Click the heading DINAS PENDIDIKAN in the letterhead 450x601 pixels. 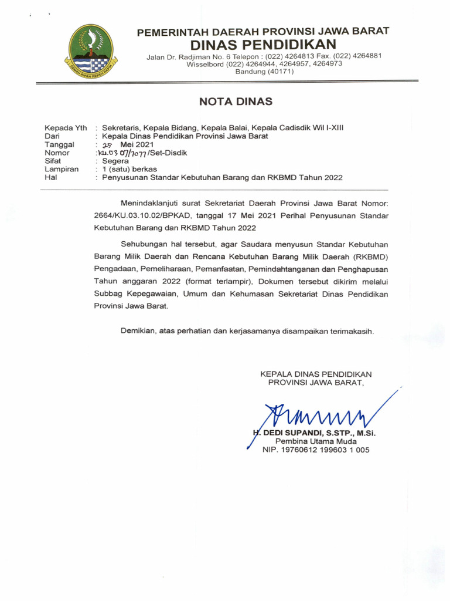pos(263,45)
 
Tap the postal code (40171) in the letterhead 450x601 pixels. pos(264,72)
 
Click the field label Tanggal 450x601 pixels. pos(59,144)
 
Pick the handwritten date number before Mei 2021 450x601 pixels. pos(107,144)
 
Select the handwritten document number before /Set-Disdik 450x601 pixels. pos(126,153)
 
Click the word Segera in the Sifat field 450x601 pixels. pos(115,160)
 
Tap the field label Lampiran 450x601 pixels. pos(62,168)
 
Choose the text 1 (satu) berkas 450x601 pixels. pos(129,168)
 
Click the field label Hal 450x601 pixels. pos(52,177)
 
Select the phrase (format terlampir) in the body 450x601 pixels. pos(218,281)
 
